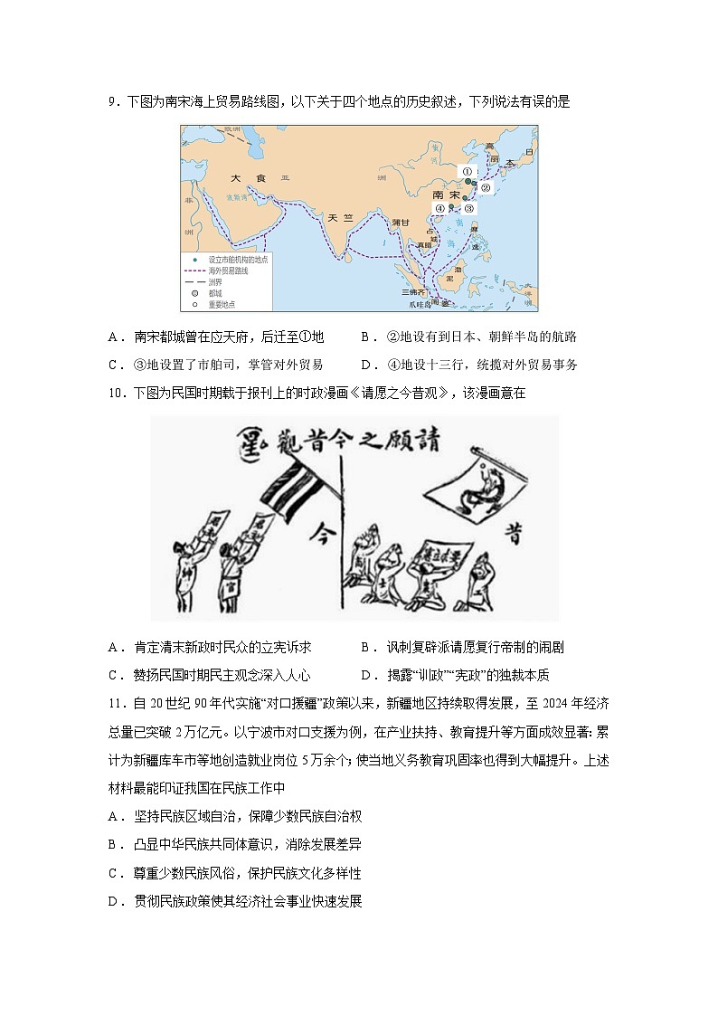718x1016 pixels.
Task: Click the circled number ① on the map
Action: tap(468, 171)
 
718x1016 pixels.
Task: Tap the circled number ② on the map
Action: tap(485, 188)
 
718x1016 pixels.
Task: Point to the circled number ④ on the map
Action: tap(440, 207)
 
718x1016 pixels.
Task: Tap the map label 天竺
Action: tap(339, 217)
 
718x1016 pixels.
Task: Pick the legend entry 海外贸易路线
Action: tap(226, 270)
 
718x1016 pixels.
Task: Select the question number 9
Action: tap(112, 102)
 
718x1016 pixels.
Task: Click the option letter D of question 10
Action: tap(365, 675)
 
